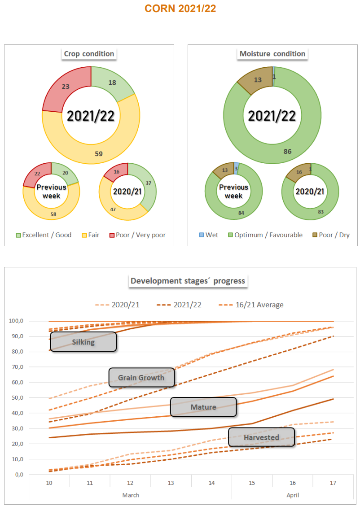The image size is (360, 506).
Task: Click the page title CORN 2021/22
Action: (180, 9)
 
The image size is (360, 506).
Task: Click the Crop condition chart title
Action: (89, 54)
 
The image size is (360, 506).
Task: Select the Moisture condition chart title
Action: (272, 54)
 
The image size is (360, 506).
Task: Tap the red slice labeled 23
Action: (66, 87)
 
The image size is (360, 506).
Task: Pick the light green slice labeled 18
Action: (112, 83)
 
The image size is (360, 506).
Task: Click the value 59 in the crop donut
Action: (99, 153)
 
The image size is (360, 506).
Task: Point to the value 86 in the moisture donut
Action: (287, 151)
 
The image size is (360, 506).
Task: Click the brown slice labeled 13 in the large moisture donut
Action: (258, 80)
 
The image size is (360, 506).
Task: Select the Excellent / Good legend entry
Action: (44, 235)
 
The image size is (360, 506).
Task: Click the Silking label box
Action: (83, 342)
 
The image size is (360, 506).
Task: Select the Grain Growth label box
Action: (141, 378)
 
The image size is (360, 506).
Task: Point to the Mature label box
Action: (203, 407)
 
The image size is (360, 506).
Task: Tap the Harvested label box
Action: (261, 437)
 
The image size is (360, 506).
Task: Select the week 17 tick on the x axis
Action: (333, 483)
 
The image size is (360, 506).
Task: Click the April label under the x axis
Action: (292, 495)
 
